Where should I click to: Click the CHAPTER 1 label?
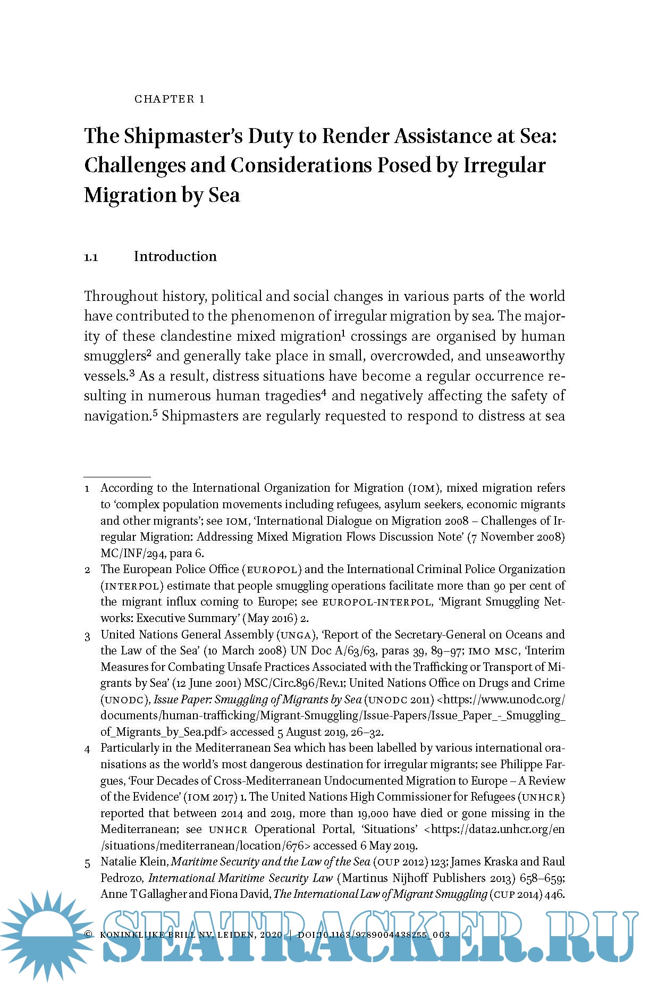[169, 99]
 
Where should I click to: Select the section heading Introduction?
[175, 256]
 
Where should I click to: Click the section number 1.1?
[91, 258]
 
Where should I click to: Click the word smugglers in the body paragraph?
[115, 356]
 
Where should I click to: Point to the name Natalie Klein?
[134, 862]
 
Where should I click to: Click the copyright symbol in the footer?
[88, 935]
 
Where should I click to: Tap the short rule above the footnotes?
[117, 477]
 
